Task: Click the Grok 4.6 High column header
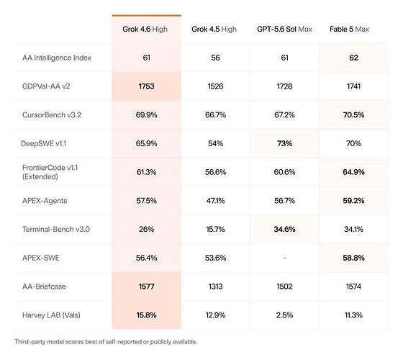click(x=145, y=30)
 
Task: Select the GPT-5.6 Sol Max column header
click(x=284, y=29)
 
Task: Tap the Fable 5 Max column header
click(x=349, y=29)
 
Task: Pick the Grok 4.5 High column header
click(x=214, y=30)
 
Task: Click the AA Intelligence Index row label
click(x=57, y=58)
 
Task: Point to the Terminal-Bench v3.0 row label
click(x=56, y=229)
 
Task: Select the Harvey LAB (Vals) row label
click(x=51, y=315)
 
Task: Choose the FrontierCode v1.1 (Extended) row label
click(x=50, y=172)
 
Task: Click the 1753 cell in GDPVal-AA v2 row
click(x=147, y=86)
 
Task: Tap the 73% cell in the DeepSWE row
click(x=284, y=143)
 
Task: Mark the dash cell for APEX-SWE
click(x=284, y=258)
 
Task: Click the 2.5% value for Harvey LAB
click(x=284, y=315)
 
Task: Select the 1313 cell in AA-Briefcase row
click(x=215, y=287)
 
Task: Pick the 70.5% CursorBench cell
click(x=353, y=115)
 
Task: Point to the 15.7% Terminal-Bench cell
click(x=215, y=229)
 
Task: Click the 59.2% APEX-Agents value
click(x=353, y=201)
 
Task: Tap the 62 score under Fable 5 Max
click(x=353, y=58)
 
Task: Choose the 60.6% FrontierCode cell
click(x=284, y=172)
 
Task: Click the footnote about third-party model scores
click(x=106, y=342)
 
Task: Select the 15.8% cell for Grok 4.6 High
click(x=147, y=315)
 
